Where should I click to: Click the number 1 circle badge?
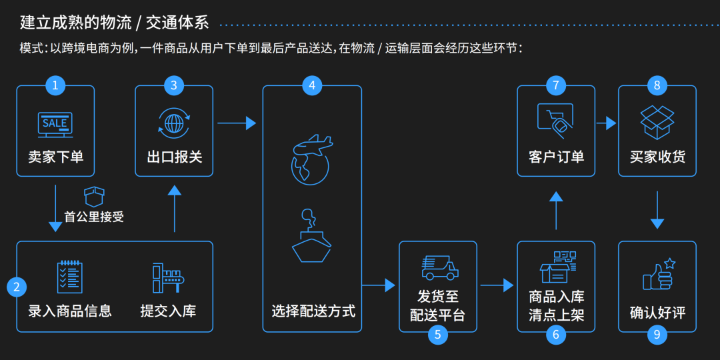pyautogui.click(x=55, y=85)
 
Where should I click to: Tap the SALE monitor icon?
pyautogui.click(x=55, y=123)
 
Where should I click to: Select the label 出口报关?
pyautogui.click(x=174, y=157)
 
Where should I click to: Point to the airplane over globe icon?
pyautogui.click(x=311, y=159)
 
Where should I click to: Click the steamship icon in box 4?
pyautogui.click(x=311, y=237)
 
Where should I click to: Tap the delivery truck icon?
pyautogui.click(x=439, y=267)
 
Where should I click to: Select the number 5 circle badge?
pyautogui.click(x=437, y=335)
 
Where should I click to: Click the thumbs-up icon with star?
pyautogui.click(x=657, y=274)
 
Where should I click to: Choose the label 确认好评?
pyautogui.click(x=657, y=313)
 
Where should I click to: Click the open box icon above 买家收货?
pyautogui.click(x=657, y=122)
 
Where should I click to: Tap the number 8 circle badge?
pyautogui.click(x=657, y=85)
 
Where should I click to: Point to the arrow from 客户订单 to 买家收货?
pyautogui.click(x=606, y=123)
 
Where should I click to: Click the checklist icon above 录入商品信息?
pyautogui.click(x=69, y=277)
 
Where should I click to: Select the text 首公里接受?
pyautogui.click(x=94, y=217)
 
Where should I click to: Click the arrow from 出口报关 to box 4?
pyautogui.click(x=237, y=123)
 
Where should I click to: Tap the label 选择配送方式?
pyautogui.click(x=313, y=311)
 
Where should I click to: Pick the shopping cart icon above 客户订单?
pyautogui.click(x=556, y=121)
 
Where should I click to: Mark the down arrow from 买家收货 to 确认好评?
pyautogui.click(x=657, y=209)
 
